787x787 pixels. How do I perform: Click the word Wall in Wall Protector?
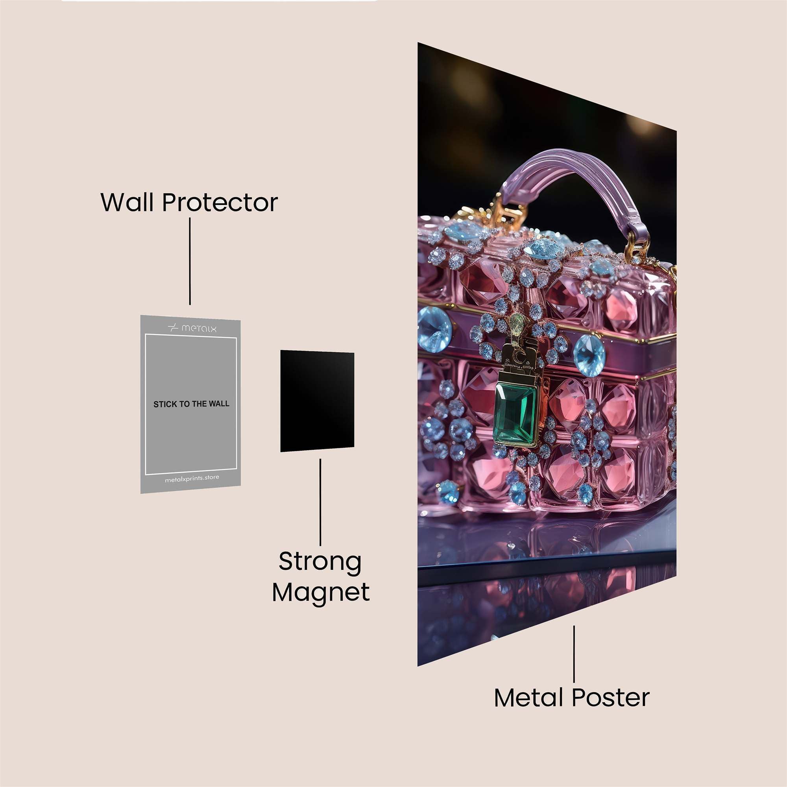tap(129, 202)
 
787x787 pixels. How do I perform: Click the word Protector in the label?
tap(220, 202)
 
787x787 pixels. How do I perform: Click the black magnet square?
tap(317, 401)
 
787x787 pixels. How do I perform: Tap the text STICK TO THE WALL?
tap(191, 404)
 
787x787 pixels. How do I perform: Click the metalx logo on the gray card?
tap(192, 327)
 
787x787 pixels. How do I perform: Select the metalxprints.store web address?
tap(192, 478)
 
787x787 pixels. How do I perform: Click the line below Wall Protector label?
tap(190, 261)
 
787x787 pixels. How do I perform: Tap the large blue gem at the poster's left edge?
tap(433, 329)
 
